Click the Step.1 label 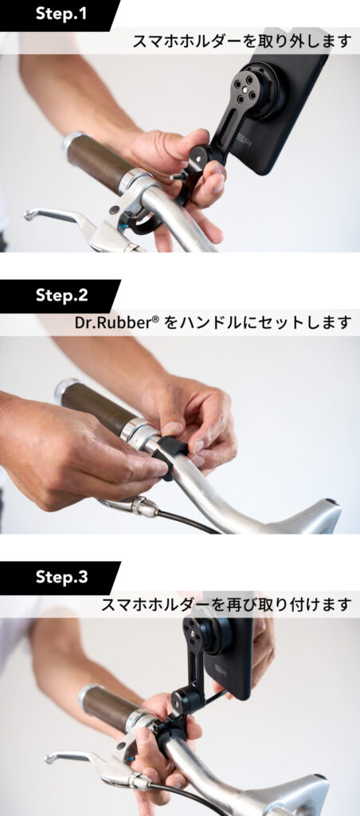point(61,14)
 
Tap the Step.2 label point(61,295)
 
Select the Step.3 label point(61,577)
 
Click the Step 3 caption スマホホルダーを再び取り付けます point(226,605)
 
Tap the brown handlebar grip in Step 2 point(94,403)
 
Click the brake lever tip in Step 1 point(28,214)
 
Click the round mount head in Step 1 point(256,88)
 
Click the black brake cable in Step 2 point(187,522)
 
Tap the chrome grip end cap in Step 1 point(70,143)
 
